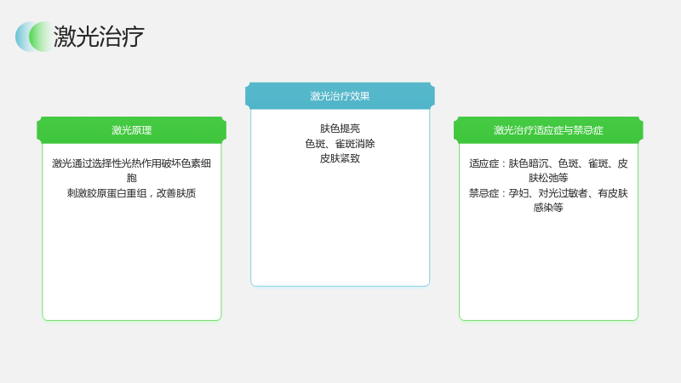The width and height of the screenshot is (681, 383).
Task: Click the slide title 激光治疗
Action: [x=99, y=36]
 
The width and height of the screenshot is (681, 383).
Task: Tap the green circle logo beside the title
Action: [x=42, y=37]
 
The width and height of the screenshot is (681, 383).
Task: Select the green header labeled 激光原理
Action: [x=132, y=130]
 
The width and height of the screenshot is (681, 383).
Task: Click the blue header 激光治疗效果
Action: [x=340, y=96]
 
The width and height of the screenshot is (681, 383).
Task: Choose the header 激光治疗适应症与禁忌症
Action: [x=548, y=130]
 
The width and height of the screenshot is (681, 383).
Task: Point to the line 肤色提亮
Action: [x=340, y=129]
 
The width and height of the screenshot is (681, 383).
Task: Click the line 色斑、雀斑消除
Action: [x=340, y=144]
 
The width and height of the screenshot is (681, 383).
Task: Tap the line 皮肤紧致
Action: [x=340, y=158]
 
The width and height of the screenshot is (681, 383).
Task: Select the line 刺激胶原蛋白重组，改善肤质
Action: [x=132, y=193]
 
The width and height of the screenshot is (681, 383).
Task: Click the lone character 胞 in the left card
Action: [x=132, y=178]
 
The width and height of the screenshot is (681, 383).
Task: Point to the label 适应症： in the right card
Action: [x=488, y=163]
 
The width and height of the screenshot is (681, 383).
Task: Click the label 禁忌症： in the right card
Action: [x=488, y=193]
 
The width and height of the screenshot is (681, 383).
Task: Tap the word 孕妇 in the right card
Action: [x=518, y=193]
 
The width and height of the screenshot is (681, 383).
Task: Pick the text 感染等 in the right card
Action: [x=548, y=208]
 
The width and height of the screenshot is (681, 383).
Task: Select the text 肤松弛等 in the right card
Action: [x=548, y=178]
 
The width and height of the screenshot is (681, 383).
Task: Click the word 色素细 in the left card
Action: [x=197, y=163]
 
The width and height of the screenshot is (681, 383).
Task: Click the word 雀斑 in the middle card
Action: [x=345, y=144]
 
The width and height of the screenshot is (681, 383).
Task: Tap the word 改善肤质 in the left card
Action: [x=176, y=193]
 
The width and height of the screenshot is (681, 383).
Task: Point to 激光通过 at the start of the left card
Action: [x=72, y=163]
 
